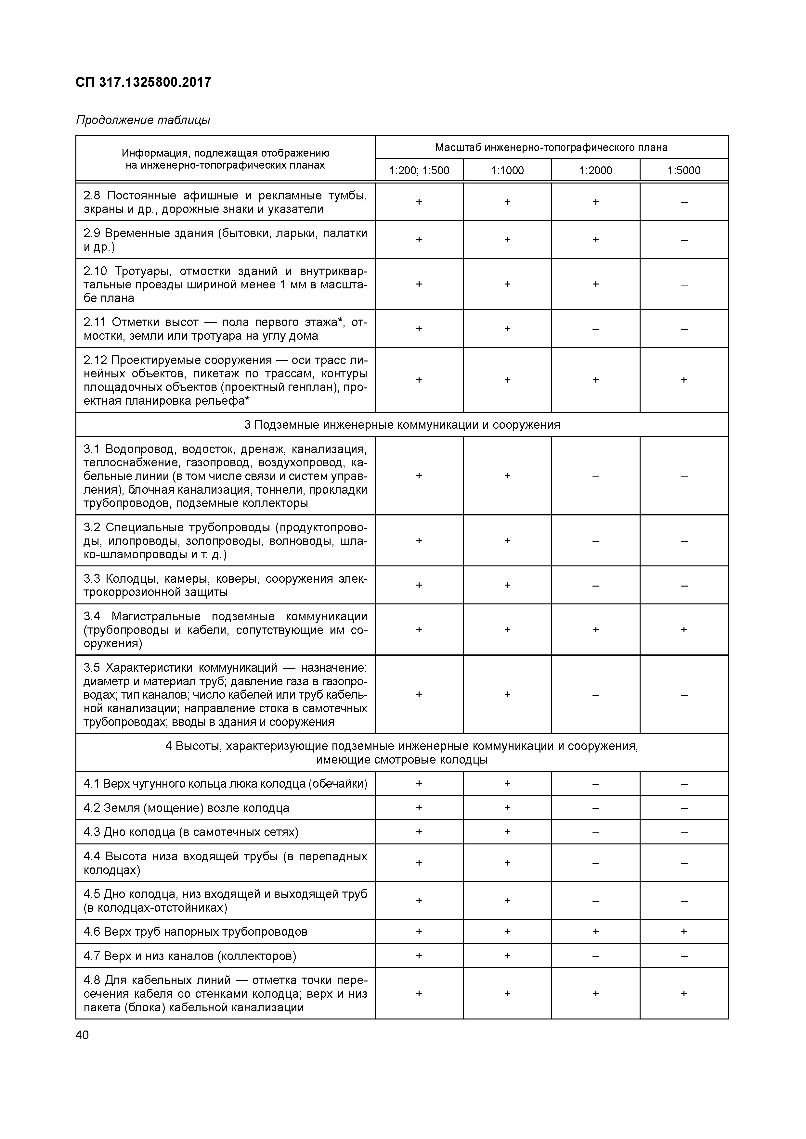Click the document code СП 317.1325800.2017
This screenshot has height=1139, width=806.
point(143,82)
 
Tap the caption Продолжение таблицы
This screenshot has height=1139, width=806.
point(143,120)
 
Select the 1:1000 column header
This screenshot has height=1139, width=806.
point(507,171)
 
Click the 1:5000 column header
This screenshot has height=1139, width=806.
point(684,171)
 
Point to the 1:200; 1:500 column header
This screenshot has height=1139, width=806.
point(419,171)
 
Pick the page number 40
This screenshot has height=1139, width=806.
point(82,1035)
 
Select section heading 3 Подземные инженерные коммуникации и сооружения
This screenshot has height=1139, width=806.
point(402,424)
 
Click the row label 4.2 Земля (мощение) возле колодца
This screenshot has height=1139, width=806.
point(186,808)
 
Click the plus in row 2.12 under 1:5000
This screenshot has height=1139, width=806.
point(684,380)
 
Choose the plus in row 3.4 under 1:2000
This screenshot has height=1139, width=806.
point(596,629)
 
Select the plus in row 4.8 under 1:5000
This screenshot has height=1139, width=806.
point(684,993)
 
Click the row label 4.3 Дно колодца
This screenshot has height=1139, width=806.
point(191,832)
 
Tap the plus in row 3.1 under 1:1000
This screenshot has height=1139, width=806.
point(507,476)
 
